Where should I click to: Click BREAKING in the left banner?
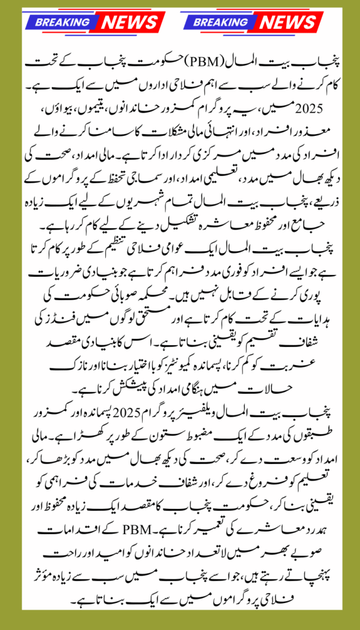tap(61, 22)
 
